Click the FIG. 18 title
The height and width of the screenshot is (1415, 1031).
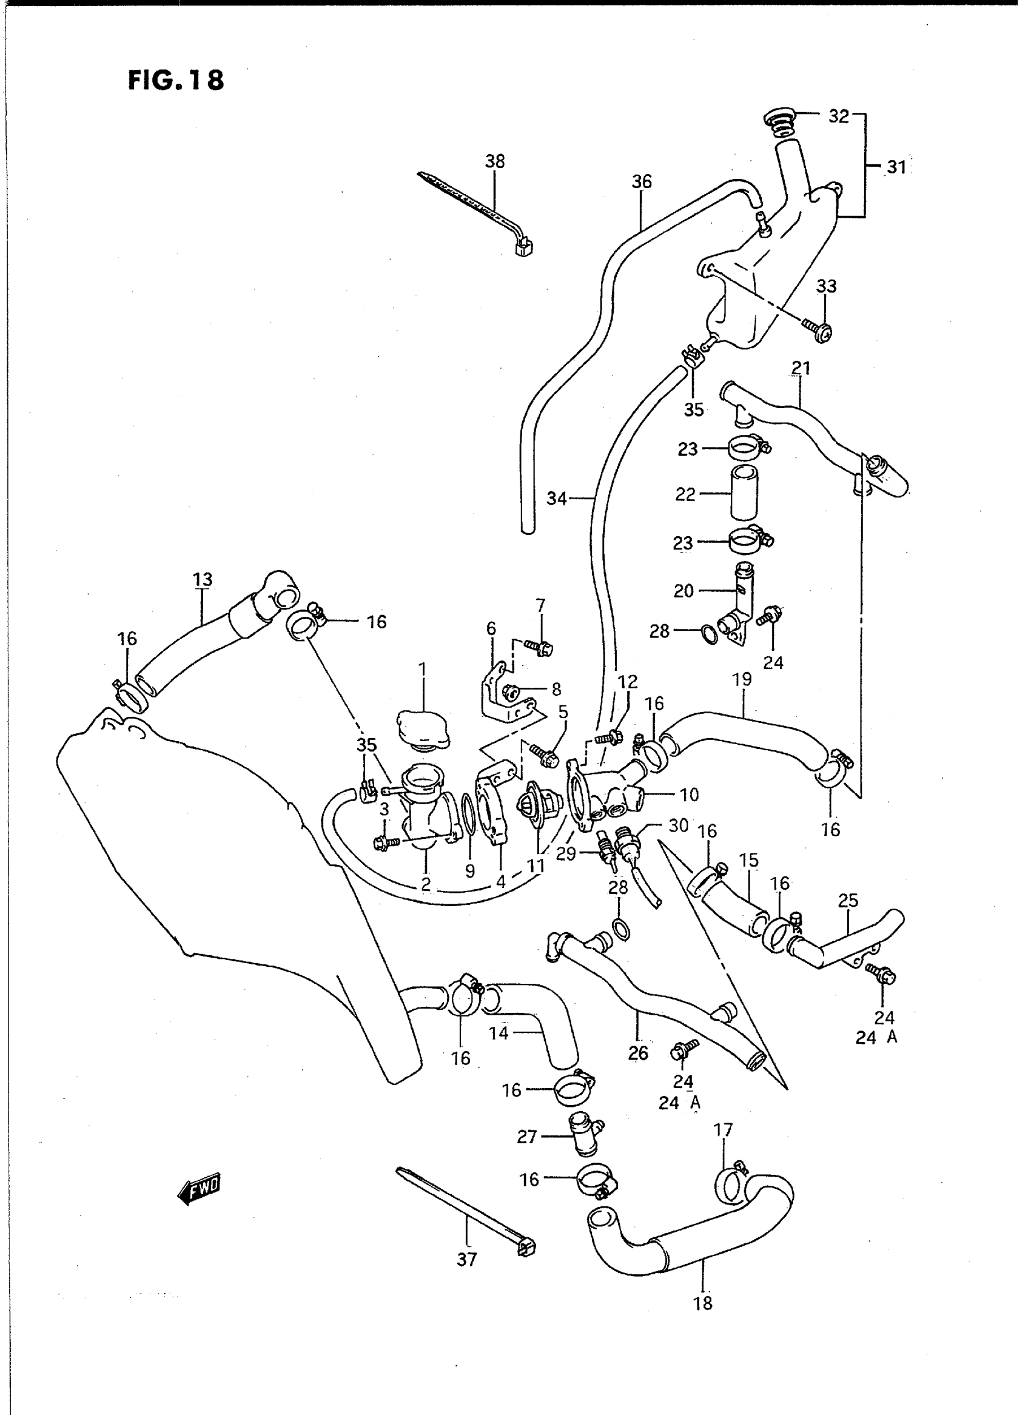coord(175,81)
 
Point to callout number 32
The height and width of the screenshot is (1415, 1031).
coord(839,116)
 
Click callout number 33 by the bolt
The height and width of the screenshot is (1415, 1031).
coord(826,286)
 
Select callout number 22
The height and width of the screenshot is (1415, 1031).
coord(685,494)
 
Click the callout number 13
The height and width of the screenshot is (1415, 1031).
coord(203,579)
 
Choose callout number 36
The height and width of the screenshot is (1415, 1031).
coord(642,181)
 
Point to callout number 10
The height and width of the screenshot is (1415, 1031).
coord(689,795)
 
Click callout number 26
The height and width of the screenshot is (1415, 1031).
coord(639,1053)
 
